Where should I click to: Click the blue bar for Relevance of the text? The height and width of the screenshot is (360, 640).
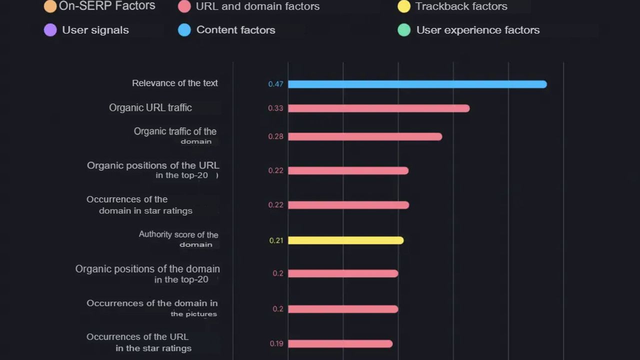[417, 84]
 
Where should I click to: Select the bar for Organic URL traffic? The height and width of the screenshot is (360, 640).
[378, 108]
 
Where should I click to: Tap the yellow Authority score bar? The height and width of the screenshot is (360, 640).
[345, 240]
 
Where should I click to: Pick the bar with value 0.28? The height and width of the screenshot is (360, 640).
[365, 136]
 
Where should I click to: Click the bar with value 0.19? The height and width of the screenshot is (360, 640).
[340, 343]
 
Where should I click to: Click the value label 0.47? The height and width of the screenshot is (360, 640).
[275, 84]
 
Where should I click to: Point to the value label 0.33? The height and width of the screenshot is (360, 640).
[275, 108]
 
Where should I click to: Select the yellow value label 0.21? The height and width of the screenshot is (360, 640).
[276, 240]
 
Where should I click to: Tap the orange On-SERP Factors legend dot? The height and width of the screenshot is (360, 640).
[50, 6]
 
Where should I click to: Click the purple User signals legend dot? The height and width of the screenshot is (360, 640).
[50, 30]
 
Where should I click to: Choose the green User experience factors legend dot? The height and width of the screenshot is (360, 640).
[404, 30]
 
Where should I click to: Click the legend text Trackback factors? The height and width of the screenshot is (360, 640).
[461, 6]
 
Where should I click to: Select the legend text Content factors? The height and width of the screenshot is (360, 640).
[235, 30]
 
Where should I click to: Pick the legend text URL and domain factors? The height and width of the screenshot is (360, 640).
[257, 6]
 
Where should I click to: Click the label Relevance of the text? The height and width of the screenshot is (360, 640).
[174, 83]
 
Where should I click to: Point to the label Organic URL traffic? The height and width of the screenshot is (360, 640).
[150, 107]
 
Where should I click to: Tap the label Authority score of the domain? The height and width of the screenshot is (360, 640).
[178, 239]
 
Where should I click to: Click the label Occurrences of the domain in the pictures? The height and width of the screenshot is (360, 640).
[152, 308]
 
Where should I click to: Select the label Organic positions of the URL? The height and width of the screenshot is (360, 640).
[153, 170]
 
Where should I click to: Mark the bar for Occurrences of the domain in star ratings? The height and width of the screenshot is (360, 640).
[348, 205]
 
